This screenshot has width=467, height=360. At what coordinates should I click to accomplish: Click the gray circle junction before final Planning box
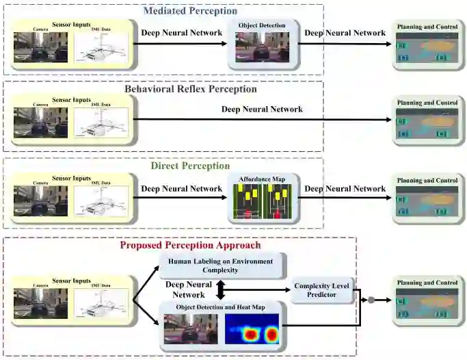click(x=371, y=300)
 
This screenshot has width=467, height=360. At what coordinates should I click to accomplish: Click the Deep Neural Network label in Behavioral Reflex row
click(x=263, y=110)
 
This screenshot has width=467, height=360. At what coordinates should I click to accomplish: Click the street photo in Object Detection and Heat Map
click(x=191, y=329)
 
